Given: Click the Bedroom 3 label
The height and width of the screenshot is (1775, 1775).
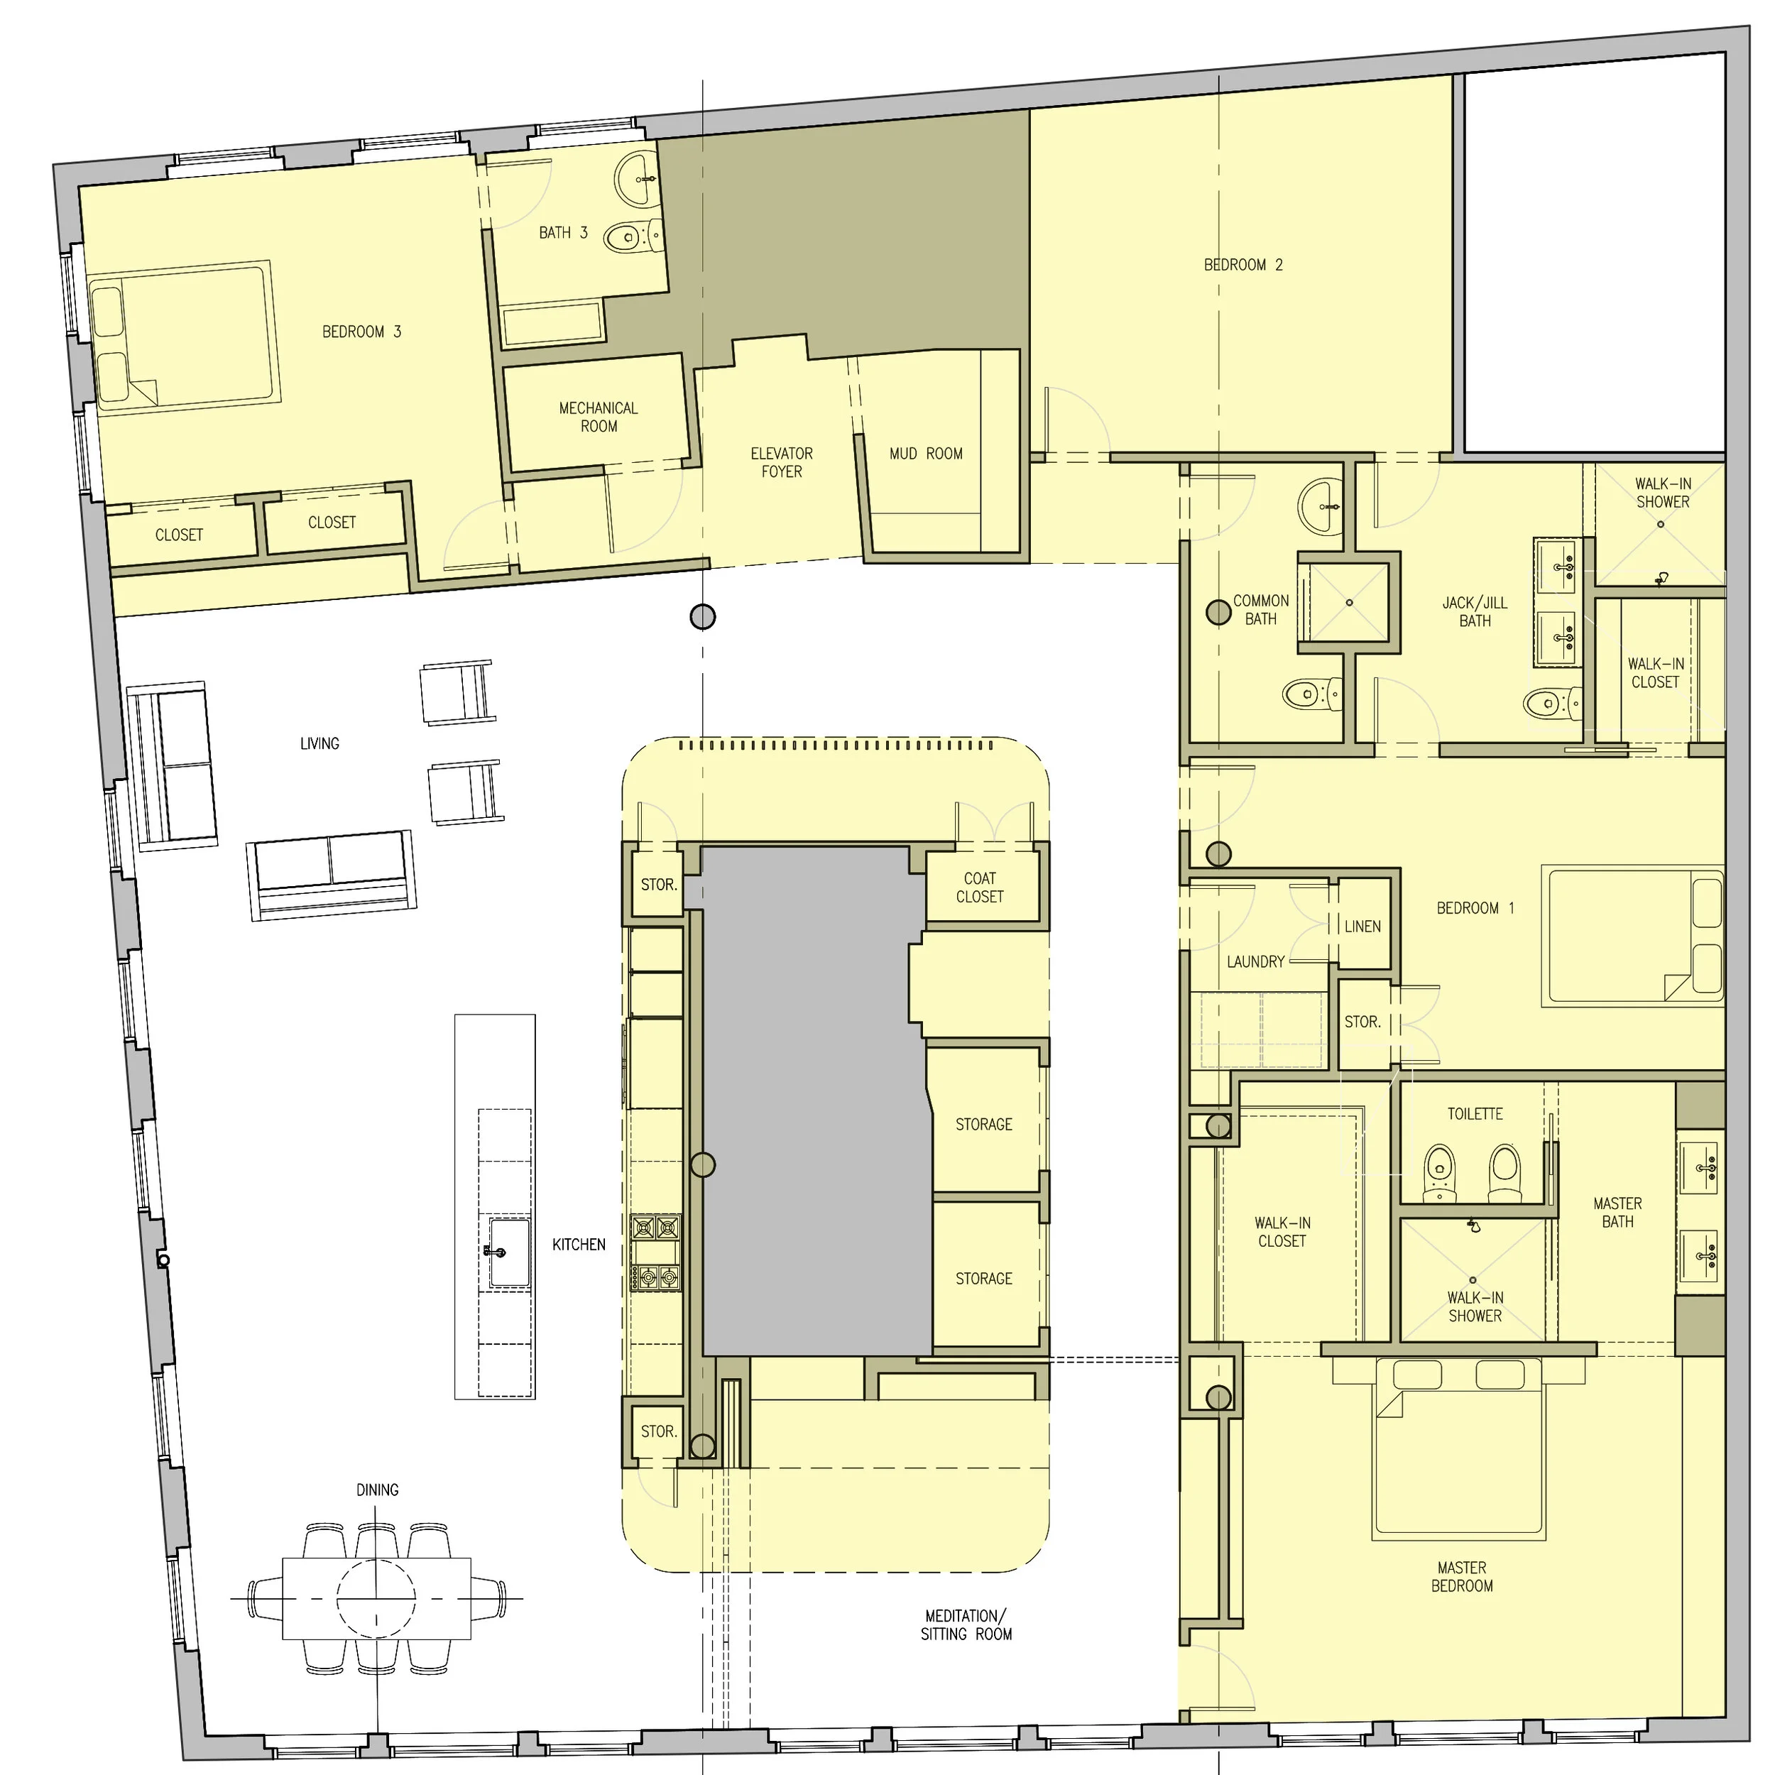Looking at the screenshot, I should (x=361, y=332).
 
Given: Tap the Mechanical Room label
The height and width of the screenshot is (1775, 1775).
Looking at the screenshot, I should (x=598, y=417).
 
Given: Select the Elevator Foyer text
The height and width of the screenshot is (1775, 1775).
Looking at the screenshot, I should (x=781, y=462).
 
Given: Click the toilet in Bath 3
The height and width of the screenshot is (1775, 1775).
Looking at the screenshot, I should (x=628, y=238).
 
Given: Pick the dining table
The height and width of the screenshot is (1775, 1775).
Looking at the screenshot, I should (x=377, y=1599).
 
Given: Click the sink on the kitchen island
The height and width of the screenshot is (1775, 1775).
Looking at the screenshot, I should (x=508, y=1251).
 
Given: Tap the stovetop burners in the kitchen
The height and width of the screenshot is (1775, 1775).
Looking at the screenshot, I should (x=656, y=1251).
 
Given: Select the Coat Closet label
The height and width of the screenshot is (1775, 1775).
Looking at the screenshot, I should (x=979, y=887).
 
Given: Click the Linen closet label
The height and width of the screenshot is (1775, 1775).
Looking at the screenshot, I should (x=1362, y=926).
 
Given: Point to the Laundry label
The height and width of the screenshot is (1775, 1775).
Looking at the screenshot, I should (x=1255, y=962).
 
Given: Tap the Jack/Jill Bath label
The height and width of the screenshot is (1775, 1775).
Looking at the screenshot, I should (x=1475, y=612).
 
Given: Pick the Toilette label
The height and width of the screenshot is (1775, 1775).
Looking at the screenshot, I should (x=1475, y=1113).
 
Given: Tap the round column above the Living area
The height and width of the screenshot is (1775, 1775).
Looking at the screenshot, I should (x=702, y=616).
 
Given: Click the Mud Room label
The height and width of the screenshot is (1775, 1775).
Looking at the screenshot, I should (x=925, y=454).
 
